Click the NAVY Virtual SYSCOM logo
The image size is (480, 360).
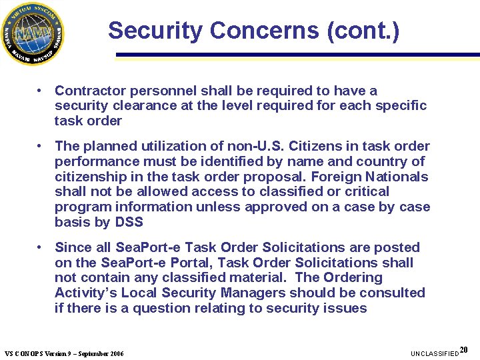point(33,33)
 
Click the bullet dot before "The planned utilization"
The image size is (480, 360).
point(41,145)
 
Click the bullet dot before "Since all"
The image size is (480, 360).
point(41,247)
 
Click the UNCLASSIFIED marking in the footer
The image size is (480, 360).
point(435,353)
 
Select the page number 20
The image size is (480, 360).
point(464,350)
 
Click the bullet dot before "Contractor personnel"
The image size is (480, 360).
point(41,90)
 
